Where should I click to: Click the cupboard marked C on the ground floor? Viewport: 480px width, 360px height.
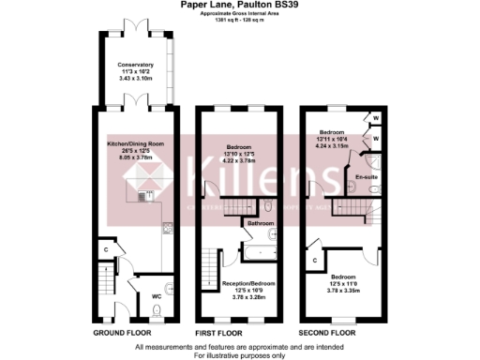tap(107, 250)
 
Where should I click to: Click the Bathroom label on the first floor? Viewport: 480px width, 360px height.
tap(261, 224)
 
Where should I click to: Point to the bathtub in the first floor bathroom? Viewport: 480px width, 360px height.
tap(264, 207)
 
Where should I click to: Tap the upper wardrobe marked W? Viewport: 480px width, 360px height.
tap(374, 120)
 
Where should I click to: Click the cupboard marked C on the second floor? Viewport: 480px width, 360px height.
tap(315, 259)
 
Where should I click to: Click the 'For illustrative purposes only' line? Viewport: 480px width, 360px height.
tap(240, 355)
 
